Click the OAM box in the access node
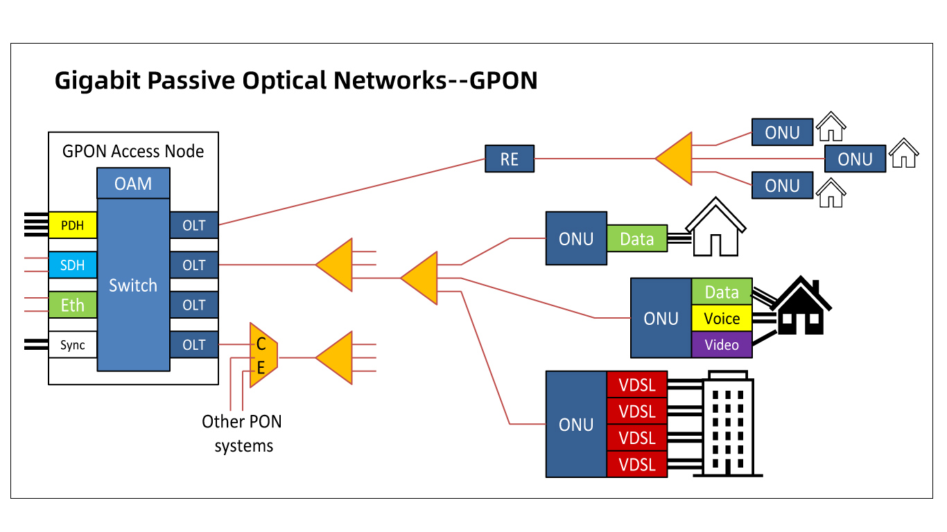click(x=133, y=184)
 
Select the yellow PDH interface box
click(x=72, y=225)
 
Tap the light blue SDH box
click(x=72, y=265)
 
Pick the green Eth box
click(x=72, y=305)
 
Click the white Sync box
click(x=72, y=345)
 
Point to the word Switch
click(x=133, y=285)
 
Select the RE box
click(x=509, y=159)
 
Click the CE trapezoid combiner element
click(x=263, y=355)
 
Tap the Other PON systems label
click(x=243, y=434)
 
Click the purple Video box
click(x=722, y=345)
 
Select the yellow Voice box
click(x=722, y=319)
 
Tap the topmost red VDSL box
click(x=637, y=384)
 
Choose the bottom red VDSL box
click(x=637, y=464)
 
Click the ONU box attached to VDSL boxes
click(x=576, y=425)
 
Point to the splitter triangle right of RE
click(x=677, y=159)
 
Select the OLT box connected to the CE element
click(x=194, y=345)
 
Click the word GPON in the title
click(x=503, y=80)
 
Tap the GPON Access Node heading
click(x=133, y=151)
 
